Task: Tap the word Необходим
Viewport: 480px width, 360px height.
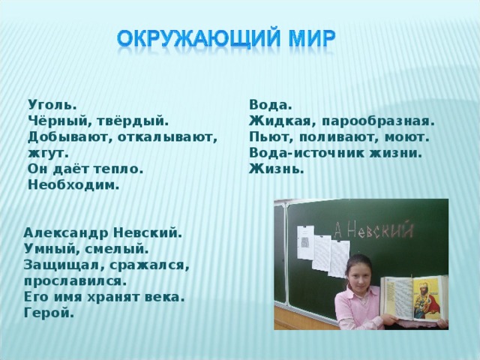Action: pyautogui.click(x=73, y=185)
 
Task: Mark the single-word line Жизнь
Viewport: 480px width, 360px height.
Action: pyautogui.click(x=277, y=169)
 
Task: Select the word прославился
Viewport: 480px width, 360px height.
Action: pyautogui.click(x=74, y=281)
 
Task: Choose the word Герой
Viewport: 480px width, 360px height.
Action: pyautogui.click(x=49, y=313)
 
